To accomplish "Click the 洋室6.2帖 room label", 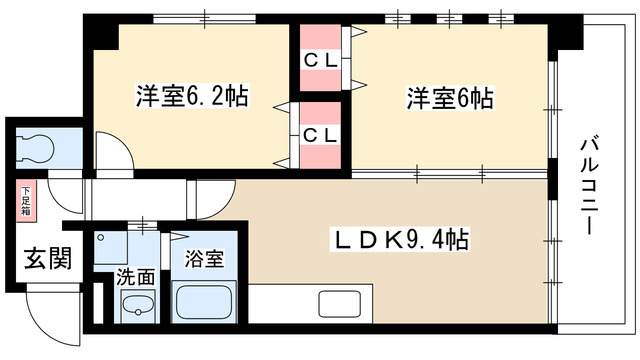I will pyautogui.click(x=192, y=97).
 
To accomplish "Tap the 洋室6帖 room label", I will pyautogui.click(x=449, y=99).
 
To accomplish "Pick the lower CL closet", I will pyautogui.click(x=320, y=133).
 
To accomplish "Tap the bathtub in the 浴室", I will pyautogui.click(x=206, y=301).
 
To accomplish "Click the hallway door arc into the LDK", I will pyautogui.click(x=216, y=194).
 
